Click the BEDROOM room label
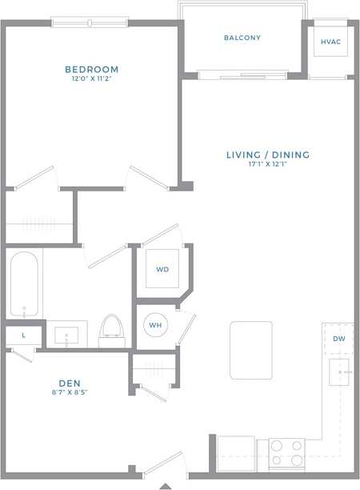click(x=92, y=70)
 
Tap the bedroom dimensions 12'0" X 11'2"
click(x=92, y=79)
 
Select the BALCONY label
click(x=242, y=38)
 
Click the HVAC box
click(x=330, y=41)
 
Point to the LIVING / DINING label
click(x=267, y=155)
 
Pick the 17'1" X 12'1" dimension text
click(x=267, y=165)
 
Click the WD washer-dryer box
click(x=162, y=269)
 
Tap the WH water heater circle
click(x=155, y=325)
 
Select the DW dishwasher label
click(x=339, y=339)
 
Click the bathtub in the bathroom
click(x=23, y=286)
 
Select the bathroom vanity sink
click(x=66, y=334)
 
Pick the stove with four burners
click(x=286, y=452)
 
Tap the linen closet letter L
click(x=23, y=335)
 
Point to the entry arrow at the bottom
click(x=166, y=485)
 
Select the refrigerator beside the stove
click(x=237, y=452)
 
